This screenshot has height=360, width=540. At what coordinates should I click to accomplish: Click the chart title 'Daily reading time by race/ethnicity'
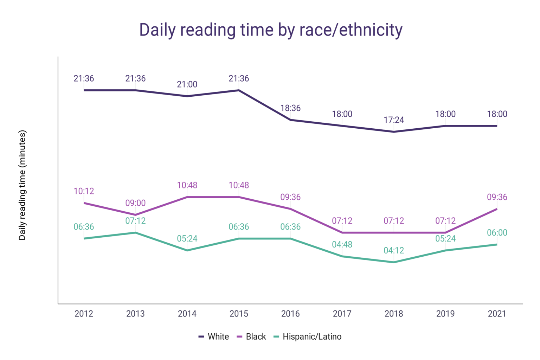271,30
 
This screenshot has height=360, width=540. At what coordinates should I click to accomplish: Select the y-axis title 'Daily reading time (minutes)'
22,185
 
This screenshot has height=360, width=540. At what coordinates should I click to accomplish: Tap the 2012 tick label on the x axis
84,314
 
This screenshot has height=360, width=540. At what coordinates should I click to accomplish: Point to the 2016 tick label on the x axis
290,314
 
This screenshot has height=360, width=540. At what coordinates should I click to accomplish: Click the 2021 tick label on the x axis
497,314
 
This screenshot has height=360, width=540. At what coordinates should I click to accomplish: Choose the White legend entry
214,337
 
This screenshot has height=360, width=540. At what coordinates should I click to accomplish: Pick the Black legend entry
252,337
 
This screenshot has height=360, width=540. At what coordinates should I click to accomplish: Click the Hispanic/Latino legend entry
308,337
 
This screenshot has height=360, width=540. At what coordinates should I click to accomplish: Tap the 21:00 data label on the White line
187,84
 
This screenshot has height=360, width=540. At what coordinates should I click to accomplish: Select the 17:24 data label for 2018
394,120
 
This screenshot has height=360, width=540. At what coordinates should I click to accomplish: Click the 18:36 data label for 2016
290,108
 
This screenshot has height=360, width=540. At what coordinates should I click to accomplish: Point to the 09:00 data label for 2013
135,203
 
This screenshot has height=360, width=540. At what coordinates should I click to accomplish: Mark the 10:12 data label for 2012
84,191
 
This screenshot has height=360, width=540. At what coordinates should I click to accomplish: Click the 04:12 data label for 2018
394,251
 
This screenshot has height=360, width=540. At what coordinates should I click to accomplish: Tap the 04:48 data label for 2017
342,245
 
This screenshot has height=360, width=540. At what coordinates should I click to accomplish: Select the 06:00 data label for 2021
497,233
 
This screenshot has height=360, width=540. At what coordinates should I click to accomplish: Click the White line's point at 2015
239,90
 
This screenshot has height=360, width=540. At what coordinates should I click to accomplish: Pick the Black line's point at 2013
135,215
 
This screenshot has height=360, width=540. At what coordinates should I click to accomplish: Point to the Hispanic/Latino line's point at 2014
187,250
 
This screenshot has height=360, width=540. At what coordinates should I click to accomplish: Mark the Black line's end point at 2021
497,209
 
